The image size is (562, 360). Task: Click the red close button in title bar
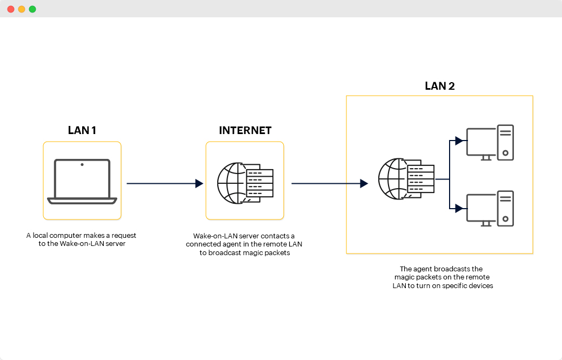(x=11, y=9)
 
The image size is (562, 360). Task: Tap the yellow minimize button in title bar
(x=22, y=9)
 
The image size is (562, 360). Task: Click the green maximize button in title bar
(x=32, y=9)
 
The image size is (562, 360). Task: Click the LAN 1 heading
(x=82, y=130)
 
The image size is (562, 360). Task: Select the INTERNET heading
(x=245, y=130)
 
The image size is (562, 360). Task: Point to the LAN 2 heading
(x=439, y=86)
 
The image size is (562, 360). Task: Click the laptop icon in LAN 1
(x=82, y=182)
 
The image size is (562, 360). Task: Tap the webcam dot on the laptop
(x=82, y=164)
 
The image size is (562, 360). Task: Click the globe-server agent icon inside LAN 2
(x=406, y=178)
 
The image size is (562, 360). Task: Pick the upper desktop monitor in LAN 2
(x=481, y=143)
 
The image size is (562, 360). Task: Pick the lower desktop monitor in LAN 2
(x=481, y=209)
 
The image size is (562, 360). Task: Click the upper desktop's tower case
(x=505, y=143)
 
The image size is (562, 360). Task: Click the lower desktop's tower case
(x=505, y=209)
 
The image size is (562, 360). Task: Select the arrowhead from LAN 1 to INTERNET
(x=199, y=184)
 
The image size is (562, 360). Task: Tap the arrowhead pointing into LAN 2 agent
(x=364, y=184)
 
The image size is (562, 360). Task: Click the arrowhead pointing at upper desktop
(x=459, y=141)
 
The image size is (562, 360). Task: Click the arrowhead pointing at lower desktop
(x=459, y=208)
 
